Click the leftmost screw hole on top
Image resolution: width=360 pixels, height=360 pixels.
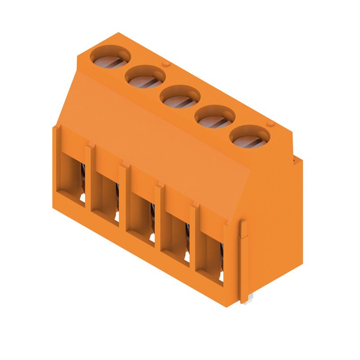click(x=110, y=57)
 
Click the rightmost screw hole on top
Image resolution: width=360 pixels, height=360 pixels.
click(x=250, y=136)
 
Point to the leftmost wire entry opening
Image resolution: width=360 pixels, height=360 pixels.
click(x=72, y=178)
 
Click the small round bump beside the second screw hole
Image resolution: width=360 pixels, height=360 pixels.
click(x=166, y=65)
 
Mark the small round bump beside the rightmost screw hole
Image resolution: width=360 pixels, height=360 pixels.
click(x=270, y=124)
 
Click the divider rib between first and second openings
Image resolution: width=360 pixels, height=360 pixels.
click(x=88, y=178)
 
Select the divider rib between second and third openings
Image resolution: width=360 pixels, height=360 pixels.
click(x=122, y=198)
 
